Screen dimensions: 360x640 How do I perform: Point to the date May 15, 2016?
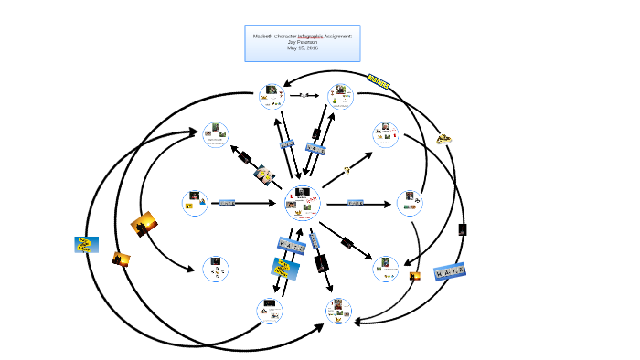(x=303, y=48)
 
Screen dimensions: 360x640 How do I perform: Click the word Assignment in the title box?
(x=338, y=35)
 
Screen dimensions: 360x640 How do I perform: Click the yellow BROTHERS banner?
(x=378, y=82)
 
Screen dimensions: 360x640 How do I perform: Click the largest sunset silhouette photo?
(x=144, y=223)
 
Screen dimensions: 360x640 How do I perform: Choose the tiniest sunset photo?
(x=414, y=275)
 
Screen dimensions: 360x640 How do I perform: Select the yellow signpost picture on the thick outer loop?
(x=87, y=244)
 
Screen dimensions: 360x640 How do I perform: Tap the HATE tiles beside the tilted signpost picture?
(x=290, y=245)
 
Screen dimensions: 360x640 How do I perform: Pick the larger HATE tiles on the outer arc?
(x=450, y=272)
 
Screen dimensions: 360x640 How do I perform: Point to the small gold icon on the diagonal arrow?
(x=347, y=169)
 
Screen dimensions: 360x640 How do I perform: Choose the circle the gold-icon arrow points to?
(x=385, y=135)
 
